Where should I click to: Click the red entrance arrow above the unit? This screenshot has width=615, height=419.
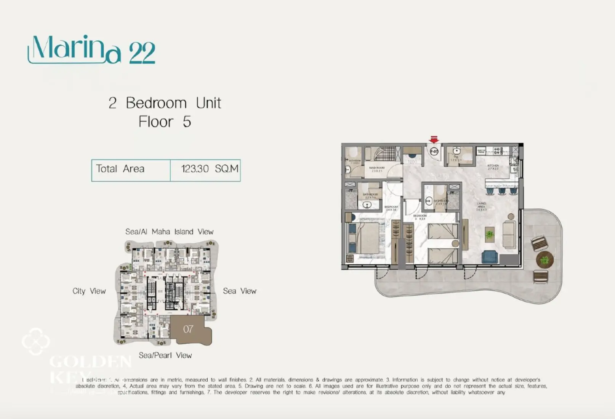pos(434,139)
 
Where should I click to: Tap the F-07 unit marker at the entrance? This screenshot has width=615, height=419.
pos(434,152)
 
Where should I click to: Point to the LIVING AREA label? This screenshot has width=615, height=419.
pos(481,206)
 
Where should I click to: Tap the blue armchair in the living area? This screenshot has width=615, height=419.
pos(490,257)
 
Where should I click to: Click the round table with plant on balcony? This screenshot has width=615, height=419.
pos(545,260)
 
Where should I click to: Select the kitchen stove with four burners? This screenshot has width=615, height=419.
pos(497,150)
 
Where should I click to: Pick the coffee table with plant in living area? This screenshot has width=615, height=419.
pos(490,234)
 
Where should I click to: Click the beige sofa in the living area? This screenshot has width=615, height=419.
pos(509,234)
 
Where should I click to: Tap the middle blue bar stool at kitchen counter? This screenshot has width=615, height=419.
pos(502,190)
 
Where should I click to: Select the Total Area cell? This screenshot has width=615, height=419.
pos(120,169)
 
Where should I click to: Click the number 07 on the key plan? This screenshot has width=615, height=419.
pos(188,329)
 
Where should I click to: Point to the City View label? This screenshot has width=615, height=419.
pos(89,291)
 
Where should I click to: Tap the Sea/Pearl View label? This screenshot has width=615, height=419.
pos(165,355)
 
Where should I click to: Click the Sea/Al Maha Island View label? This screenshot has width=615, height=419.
pos(170,232)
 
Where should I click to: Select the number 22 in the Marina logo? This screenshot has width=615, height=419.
pos(142,53)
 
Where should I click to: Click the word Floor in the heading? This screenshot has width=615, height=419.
pos(155,122)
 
